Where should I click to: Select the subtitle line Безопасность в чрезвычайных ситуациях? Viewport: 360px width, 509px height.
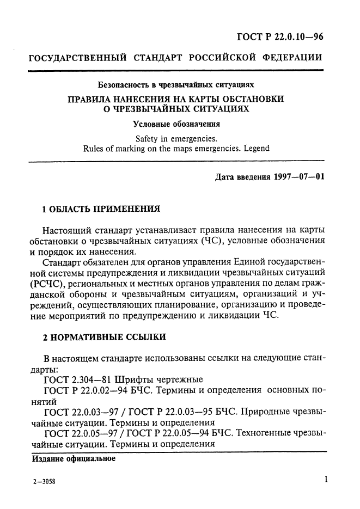[176, 85]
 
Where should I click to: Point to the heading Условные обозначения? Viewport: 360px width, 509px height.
[176, 123]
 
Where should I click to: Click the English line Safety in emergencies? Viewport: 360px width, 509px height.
[176, 138]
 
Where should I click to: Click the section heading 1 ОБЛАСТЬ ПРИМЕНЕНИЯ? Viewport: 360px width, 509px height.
[101, 208]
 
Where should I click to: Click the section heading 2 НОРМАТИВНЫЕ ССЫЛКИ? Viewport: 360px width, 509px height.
[105, 338]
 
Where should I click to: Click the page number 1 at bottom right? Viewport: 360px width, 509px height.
[325, 480]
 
